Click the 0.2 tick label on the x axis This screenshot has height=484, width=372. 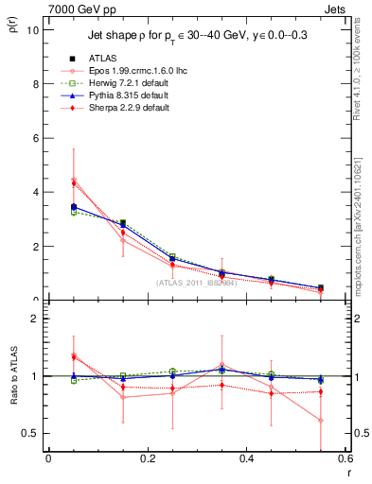[x=147, y=459]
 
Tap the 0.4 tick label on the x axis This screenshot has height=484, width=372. [x=246, y=459]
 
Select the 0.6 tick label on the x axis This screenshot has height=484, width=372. [x=344, y=459]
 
